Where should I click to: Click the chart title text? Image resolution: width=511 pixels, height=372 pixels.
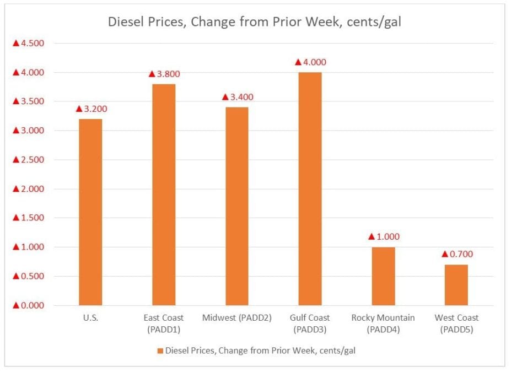click(x=255, y=23)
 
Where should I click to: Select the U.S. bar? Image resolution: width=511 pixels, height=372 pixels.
click(x=90, y=212)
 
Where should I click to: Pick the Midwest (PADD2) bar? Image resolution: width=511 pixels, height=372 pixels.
click(x=236, y=206)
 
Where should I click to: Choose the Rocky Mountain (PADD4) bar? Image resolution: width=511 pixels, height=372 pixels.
click(x=383, y=276)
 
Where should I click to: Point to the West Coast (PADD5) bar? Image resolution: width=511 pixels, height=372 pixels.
click(x=456, y=285)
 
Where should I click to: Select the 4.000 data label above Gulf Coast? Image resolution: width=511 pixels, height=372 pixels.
click(x=315, y=62)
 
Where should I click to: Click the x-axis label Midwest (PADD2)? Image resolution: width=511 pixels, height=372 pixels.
click(x=236, y=318)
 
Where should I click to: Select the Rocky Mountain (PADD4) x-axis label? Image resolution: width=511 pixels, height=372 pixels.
click(x=383, y=322)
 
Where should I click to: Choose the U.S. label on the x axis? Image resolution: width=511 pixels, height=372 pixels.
click(x=90, y=318)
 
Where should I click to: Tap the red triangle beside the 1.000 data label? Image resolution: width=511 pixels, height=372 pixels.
click(x=372, y=237)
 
